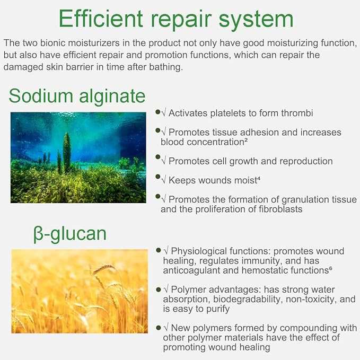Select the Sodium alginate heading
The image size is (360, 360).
pyautogui.click(x=77, y=96)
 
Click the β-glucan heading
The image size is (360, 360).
pyautogui.click(x=70, y=234)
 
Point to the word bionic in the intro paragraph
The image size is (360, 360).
pyautogui.click(x=54, y=43)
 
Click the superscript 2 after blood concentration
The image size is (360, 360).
pyautogui.click(x=246, y=140)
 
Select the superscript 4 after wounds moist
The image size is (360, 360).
pyautogui.click(x=259, y=178)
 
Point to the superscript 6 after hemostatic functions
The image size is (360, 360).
pyautogui.click(x=331, y=268)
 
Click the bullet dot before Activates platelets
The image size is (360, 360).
pyautogui.click(x=157, y=112)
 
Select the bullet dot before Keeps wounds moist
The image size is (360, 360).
pyautogui.click(x=157, y=177)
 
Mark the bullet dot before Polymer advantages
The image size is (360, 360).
pyautogui.click(x=159, y=289)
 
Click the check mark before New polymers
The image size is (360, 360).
pyautogui.click(x=166, y=327)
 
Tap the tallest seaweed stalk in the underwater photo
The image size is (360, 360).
pyautogui.click(x=67, y=153)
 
